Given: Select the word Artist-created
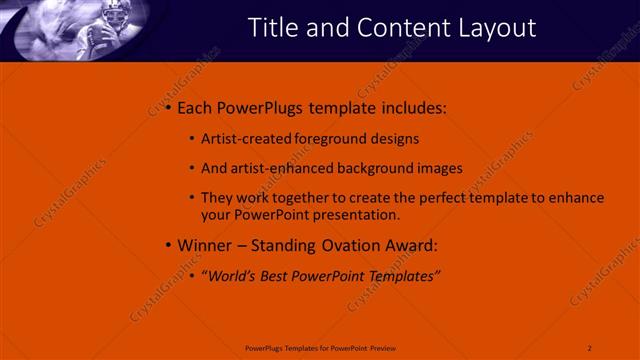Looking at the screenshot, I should [x=242, y=139].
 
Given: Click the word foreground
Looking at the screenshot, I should [x=328, y=139].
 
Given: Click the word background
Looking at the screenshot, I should [x=386, y=168].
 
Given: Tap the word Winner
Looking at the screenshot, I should [x=205, y=245].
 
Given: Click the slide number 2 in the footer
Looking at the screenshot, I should [x=590, y=347].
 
